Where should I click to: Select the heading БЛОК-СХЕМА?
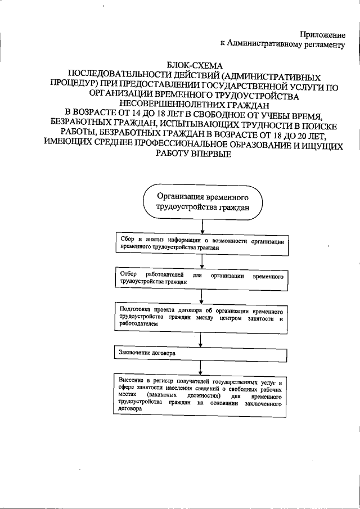[195, 65]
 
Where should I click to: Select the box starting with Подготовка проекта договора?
[202, 317]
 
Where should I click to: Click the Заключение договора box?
[202, 354]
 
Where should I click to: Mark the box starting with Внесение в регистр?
[202, 396]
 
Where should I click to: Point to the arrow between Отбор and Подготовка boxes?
[202, 296]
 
